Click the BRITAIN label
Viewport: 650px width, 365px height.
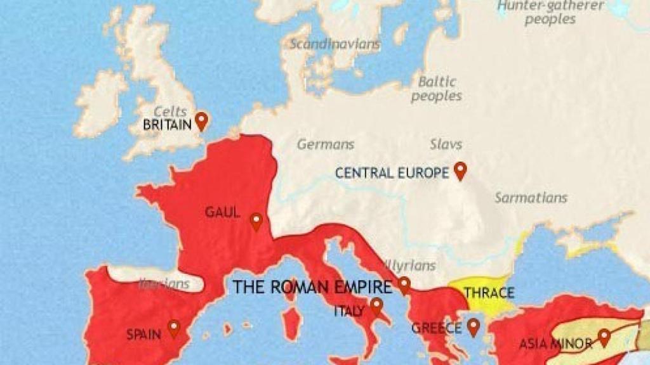[167, 125]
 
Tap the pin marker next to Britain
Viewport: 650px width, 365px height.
[201, 120]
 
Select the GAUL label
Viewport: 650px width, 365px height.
[222, 212]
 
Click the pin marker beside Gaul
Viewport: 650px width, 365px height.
[256, 221]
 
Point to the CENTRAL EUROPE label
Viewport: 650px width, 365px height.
[392, 172]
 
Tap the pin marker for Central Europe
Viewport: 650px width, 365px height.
[460, 170]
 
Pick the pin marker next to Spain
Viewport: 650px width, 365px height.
[173, 328]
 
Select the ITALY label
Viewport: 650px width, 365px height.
[349, 311]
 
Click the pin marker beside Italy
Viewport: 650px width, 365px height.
[377, 307]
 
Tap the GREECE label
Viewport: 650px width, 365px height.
[436, 328]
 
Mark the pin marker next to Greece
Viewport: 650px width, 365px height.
[473, 326]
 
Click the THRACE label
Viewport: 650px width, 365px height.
[488, 293]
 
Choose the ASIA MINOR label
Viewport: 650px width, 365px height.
[555, 344]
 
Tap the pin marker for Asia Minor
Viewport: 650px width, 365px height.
[604, 337]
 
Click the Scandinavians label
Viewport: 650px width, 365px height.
[335, 44]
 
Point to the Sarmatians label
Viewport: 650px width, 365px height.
[531, 197]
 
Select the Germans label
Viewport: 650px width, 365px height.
[326, 144]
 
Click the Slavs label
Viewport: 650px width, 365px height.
[446, 144]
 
